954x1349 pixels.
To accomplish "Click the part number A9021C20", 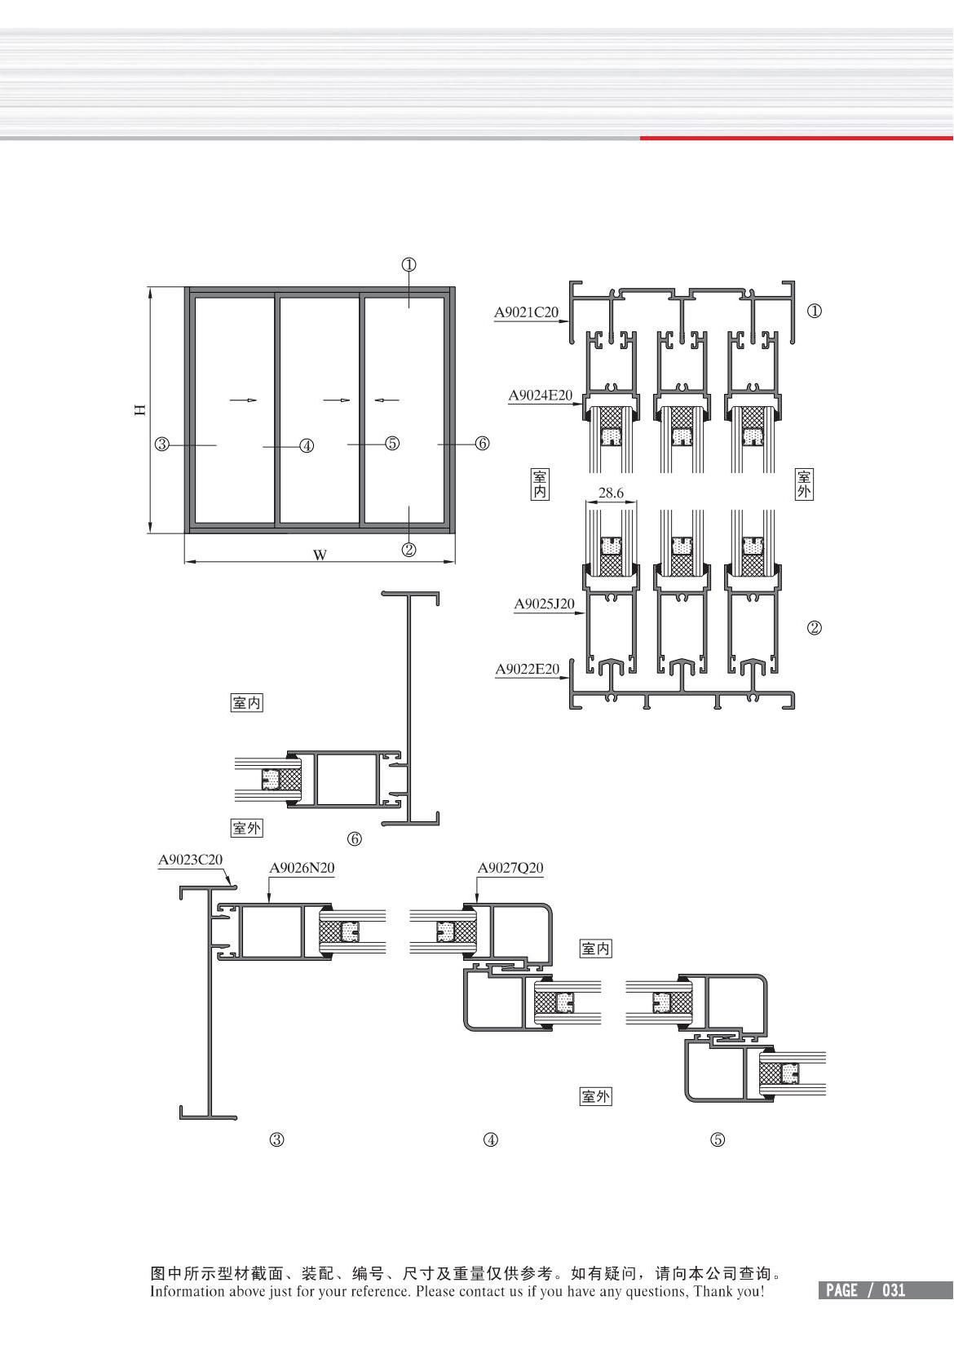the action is coord(526,312).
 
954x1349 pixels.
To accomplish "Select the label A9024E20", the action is coord(540,395).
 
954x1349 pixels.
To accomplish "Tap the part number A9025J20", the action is coord(544,604).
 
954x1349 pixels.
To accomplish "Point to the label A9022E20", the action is coord(528,669).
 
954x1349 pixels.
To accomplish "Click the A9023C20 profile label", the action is coord(190,860).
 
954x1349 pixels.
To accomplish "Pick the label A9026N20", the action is coord(302,867).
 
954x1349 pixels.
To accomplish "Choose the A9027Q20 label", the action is coord(510,867).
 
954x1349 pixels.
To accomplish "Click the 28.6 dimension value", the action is coord(611,493).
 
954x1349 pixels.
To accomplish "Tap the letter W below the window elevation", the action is coord(320,555).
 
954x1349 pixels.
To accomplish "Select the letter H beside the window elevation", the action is coord(139,409).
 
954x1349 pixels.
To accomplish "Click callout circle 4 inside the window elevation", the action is coord(307,446).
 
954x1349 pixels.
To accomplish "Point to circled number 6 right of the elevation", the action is coord(482,444).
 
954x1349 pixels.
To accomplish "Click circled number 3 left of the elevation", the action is coord(162,445).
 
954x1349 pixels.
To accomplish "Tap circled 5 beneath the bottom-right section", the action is coord(718,1139).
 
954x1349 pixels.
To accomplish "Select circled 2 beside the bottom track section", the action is coord(814,628).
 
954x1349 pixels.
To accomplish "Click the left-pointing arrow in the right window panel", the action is coord(386,400).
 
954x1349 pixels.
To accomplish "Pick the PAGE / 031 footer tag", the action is coord(865,1290).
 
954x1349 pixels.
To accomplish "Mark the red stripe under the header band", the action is coord(797,139).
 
